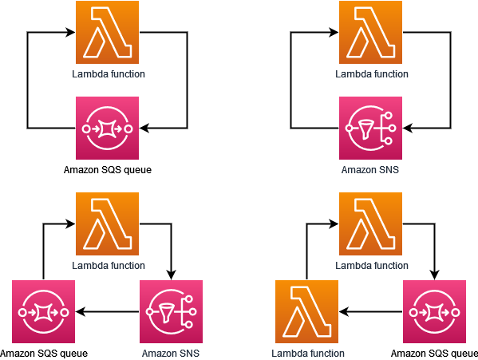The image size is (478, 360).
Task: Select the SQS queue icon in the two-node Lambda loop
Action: pos(107,128)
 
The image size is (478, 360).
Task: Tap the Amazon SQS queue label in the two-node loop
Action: pos(107,169)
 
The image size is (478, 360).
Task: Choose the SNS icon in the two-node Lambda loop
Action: pos(370,128)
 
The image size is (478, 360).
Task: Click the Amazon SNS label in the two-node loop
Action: pos(370,169)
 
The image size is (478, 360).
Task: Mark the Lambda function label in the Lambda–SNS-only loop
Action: pos(370,73)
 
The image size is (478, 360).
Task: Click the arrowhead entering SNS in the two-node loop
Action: pos(408,128)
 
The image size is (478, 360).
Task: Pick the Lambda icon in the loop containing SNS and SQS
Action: pos(108,224)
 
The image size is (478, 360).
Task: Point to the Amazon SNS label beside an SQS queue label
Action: pos(171,353)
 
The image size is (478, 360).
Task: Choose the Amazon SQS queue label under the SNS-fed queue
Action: pos(43,353)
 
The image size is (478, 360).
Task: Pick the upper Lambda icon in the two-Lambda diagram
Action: pos(370,224)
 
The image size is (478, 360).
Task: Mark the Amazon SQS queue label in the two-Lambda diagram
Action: pos(435,353)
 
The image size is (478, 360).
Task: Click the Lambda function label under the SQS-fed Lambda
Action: pos(308,353)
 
